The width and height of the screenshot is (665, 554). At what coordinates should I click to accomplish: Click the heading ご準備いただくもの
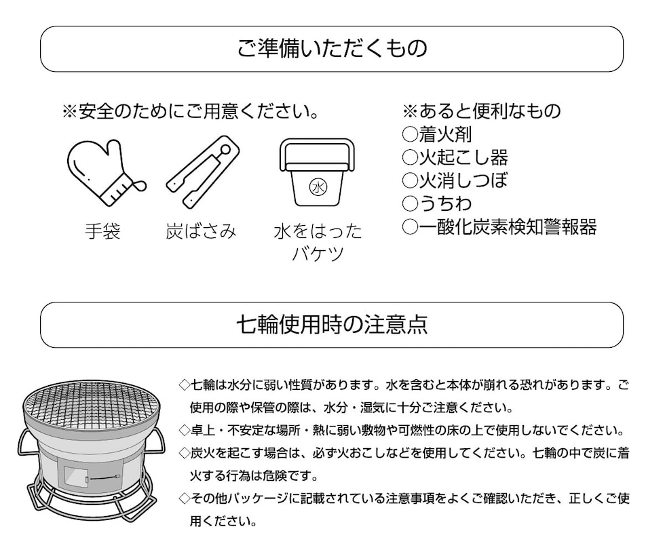(332, 49)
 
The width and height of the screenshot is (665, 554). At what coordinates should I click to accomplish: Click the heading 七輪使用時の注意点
(332, 325)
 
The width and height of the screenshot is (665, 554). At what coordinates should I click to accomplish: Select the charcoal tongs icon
(204, 172)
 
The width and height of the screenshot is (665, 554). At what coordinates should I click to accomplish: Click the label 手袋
(102, 232)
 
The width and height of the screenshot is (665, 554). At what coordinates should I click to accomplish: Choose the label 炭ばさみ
(201, 232)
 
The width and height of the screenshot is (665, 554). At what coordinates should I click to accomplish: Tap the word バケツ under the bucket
(318, 254)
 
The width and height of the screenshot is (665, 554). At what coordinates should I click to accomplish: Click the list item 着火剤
(454, 134)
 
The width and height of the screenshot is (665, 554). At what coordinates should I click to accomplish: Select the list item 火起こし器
(463, 157)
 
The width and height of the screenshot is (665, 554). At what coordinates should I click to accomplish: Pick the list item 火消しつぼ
(463, 180)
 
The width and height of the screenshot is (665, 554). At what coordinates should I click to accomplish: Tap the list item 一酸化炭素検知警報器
(507, 227)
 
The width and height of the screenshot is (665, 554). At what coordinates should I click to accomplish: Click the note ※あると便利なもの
(482, 111)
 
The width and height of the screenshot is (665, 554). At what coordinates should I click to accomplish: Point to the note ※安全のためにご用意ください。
(191, 111)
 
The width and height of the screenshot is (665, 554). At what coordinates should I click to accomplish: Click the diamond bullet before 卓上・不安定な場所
(184, 431)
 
